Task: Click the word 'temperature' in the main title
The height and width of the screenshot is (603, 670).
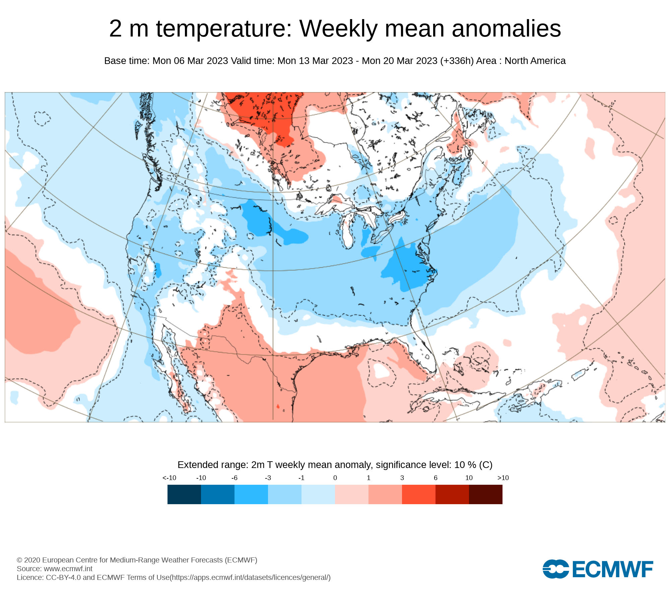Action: pos(224,29)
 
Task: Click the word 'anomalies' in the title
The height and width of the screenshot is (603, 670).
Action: pos(506,29)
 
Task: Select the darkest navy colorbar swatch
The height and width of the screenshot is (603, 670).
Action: pos(184,494)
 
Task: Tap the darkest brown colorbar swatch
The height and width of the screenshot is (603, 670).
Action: pos(486,494)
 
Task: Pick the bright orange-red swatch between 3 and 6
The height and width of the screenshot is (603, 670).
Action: pos(419,494)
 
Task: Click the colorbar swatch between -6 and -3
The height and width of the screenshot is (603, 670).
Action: pos(251,494)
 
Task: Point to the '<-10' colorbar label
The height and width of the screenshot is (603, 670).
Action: pos(169,478)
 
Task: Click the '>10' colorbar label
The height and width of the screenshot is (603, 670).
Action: pos(503,478)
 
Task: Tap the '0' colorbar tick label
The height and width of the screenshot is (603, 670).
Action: pos(335,478)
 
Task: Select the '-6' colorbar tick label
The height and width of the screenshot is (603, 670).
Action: pos(234,478)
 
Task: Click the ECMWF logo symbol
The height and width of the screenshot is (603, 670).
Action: pos(556,569)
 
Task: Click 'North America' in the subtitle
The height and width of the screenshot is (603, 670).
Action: pos(535,61)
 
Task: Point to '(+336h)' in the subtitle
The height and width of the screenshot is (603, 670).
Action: pos(457,61)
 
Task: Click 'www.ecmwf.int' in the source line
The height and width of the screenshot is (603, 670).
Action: pos(68,568)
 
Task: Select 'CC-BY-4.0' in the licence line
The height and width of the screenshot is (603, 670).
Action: pos(63,577)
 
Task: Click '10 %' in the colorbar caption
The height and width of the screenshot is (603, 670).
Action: pos(465,465)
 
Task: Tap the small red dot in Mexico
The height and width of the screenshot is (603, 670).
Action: pos(278,406)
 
